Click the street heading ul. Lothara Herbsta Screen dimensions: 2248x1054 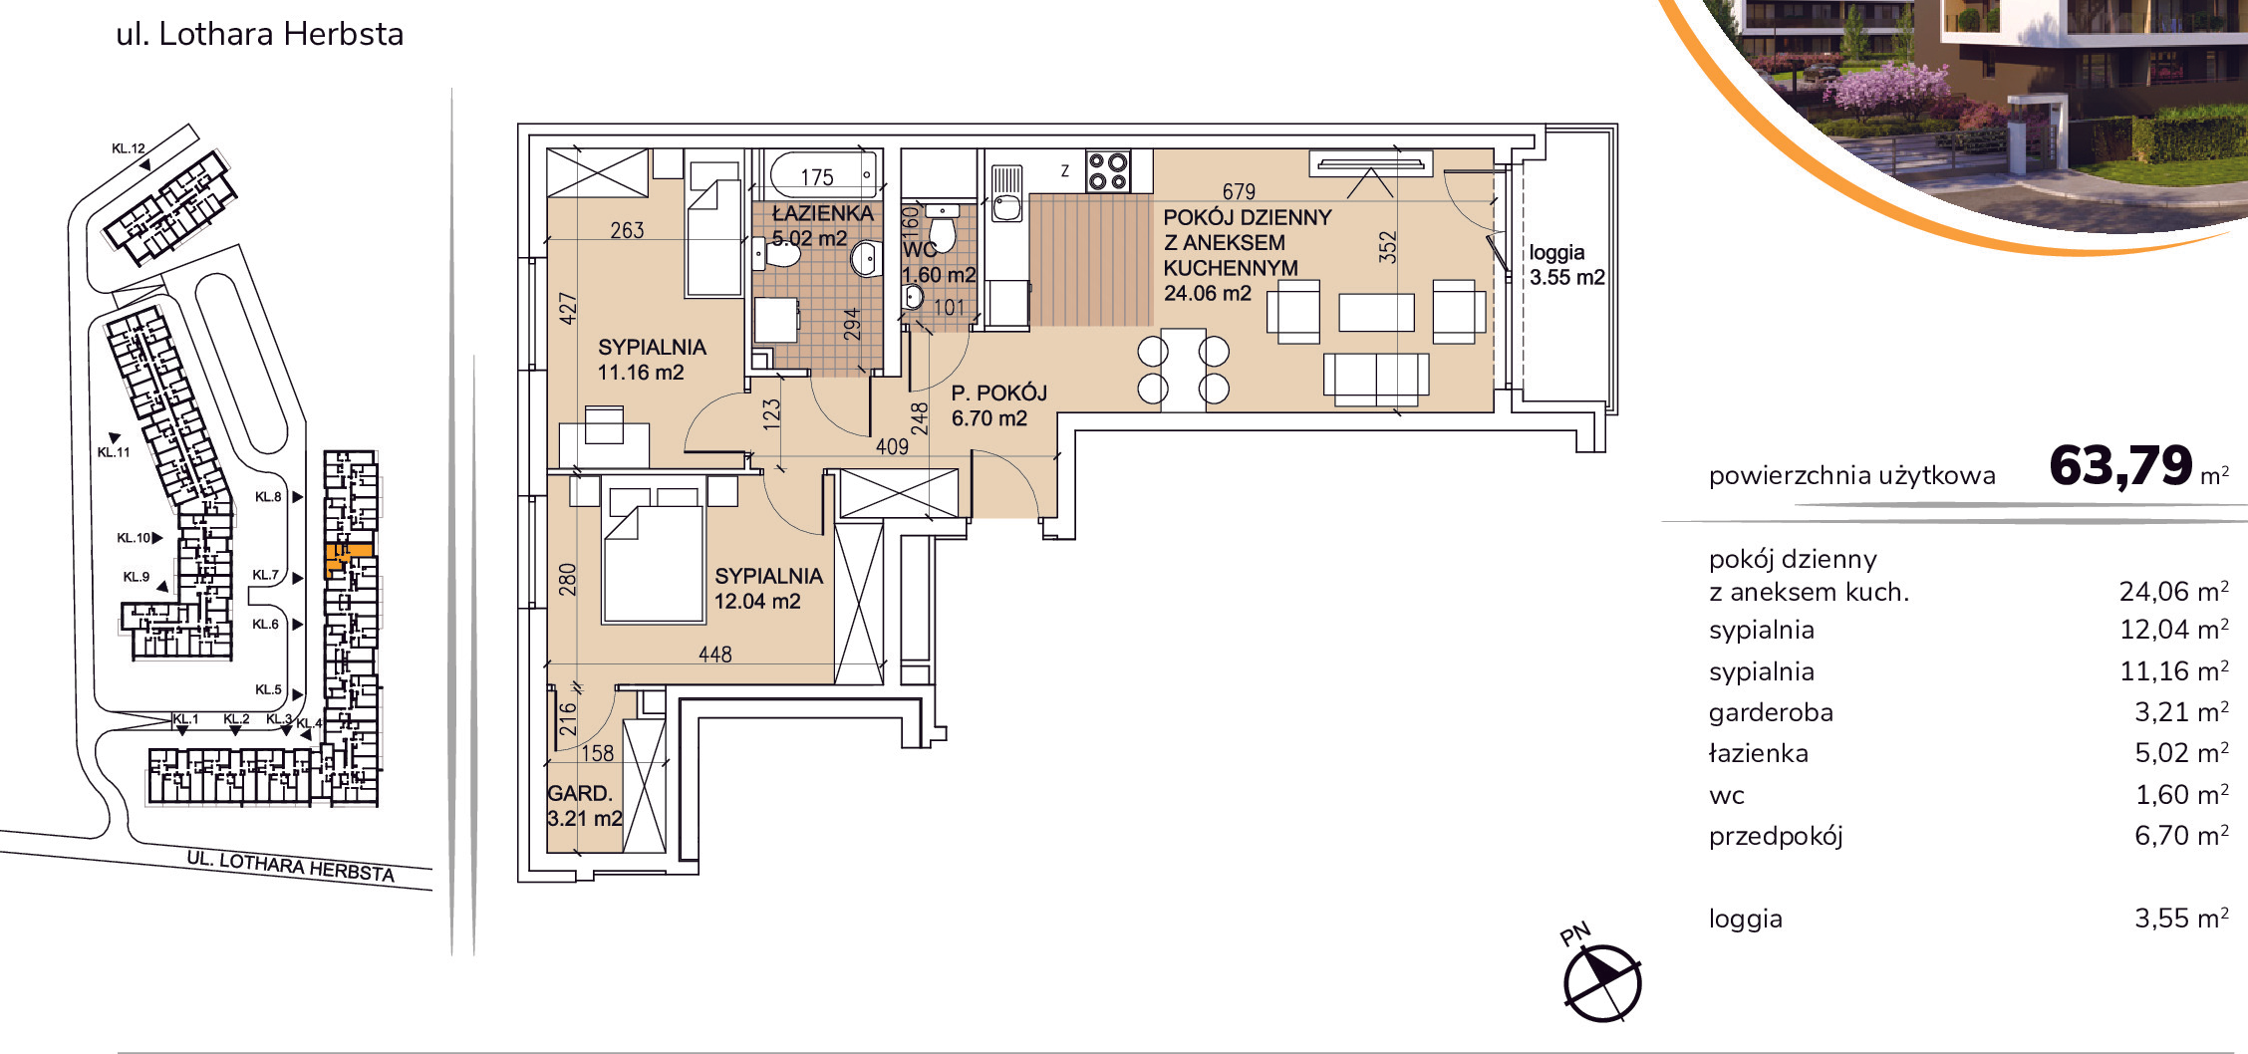260,34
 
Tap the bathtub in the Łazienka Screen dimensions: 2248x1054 823,174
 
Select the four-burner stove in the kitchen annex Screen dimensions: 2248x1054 1107,169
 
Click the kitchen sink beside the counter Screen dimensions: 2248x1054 1006,207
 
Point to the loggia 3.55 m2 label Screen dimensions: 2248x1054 1567,265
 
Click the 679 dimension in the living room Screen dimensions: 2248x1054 1239,190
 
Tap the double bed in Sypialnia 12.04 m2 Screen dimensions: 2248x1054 653,564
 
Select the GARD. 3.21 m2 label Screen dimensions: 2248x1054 584,806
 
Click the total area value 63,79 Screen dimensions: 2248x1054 2120,465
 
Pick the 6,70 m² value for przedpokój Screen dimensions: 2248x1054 2181,835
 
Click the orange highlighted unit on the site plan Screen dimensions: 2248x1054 348,559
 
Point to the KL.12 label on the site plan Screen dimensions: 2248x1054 129,148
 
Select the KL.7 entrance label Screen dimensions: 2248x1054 266,575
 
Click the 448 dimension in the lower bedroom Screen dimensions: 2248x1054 714,655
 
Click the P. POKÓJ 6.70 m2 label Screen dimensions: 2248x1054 998,405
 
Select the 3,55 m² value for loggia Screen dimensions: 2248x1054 2181,918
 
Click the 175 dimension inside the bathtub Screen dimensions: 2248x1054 817,177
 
